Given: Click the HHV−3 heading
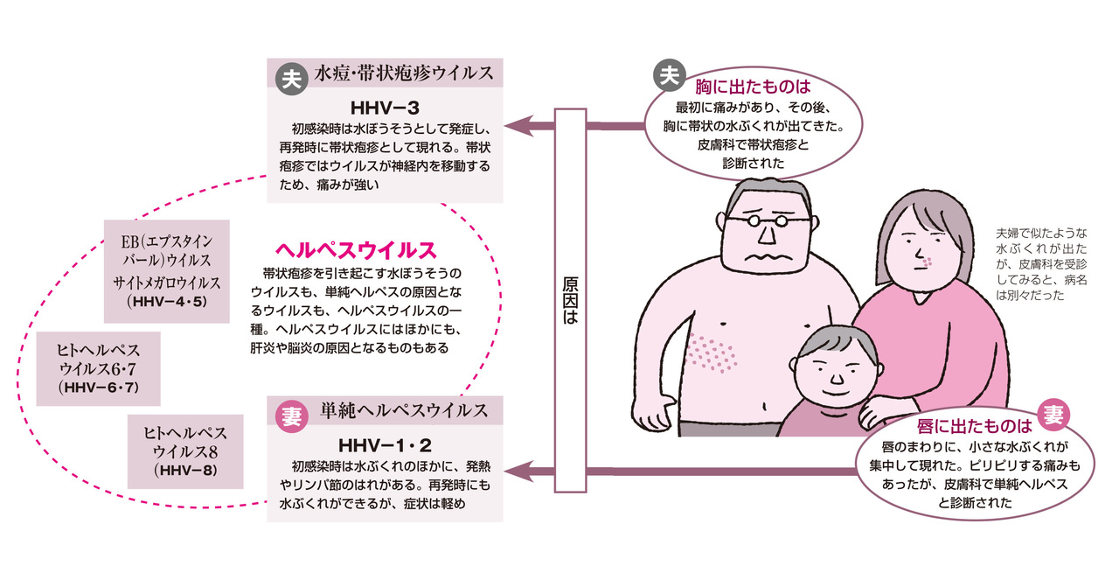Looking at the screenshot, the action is [x=385, y=108].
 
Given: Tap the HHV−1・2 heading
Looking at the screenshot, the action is [x=385, y=445].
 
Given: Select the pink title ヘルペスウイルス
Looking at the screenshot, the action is [x=356, y=250].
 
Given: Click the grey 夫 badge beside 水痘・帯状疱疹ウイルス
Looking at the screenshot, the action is [x=292, y=79].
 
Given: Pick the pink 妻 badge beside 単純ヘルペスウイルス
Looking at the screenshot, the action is [x=292, y=416].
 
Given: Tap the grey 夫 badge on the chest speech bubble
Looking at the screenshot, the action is [x=670, y=75].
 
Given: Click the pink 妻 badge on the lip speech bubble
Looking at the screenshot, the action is [x=1053, y=415].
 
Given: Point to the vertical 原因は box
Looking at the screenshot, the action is [x=571, y=301].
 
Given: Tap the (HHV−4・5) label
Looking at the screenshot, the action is [x=167, y=302].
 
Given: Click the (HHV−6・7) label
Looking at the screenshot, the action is [x=99, y=388].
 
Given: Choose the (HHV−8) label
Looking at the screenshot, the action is [x=185, y=471].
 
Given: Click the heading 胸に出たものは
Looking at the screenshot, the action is [x=753, y=87].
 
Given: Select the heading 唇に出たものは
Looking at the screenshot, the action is [x=974, y=427].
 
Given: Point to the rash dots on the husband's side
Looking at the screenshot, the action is [x=712, y=354].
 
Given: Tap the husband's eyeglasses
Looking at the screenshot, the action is [x=768, y=220].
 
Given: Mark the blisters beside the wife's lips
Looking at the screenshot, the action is [x=928, y=262].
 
